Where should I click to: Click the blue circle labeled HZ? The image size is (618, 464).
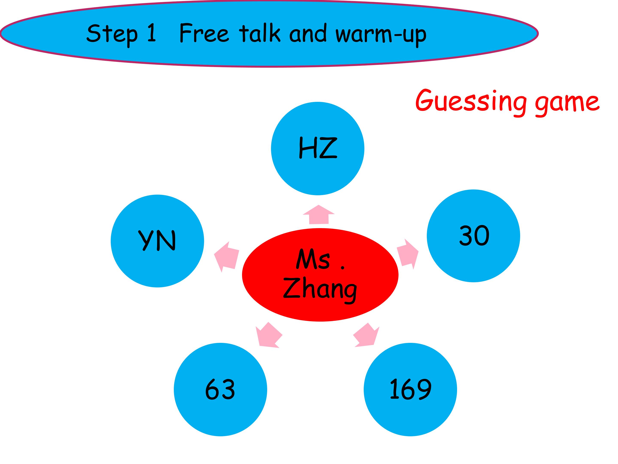pos(318,148)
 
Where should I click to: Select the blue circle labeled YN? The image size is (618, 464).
pos(157,241)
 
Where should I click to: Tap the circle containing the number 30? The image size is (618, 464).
pos(473,236)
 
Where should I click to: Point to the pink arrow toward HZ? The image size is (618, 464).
pos(319,215)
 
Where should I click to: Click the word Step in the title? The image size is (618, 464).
pos(112,34)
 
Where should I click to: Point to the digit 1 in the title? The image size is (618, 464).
pos(151,33)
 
